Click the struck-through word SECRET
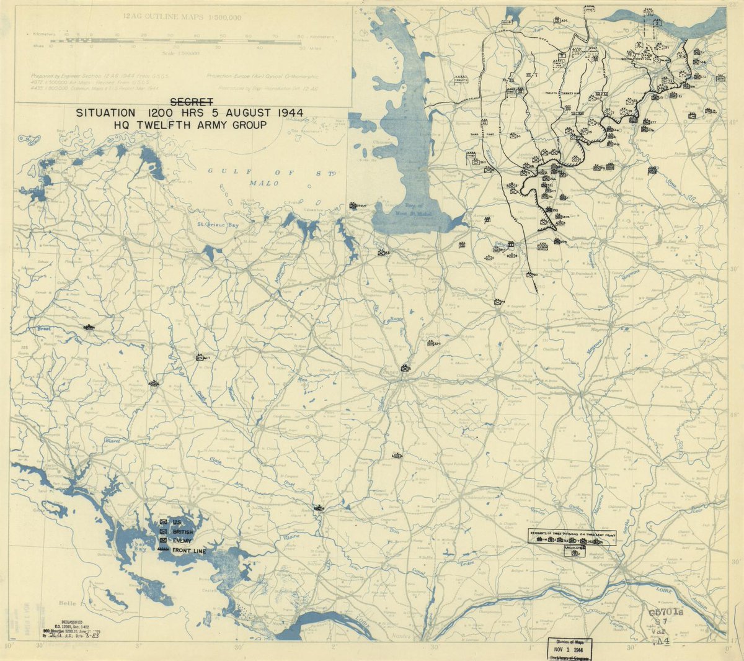(x=192, y=102)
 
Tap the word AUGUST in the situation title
(x=232, y=113)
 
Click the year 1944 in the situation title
(x=286, y=113)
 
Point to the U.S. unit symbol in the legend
(x=163, y=522)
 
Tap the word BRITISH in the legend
(x=183, y=532)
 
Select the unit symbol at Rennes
(x=405, y=367)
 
